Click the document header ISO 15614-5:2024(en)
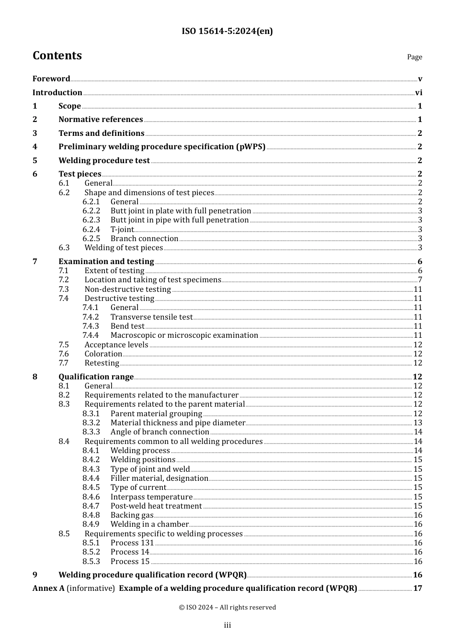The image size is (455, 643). (227, 32)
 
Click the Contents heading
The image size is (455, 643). (57, 56)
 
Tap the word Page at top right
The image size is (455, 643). (414, 57)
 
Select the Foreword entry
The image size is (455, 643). (51, 79)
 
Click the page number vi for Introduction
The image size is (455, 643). (419, 93)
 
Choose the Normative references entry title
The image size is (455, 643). (101, 120)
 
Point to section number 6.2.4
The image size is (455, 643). (91, 230)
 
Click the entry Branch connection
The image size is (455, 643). (144, 239)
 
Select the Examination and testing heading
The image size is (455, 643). (106, 262)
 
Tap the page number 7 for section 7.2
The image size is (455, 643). (420, 280)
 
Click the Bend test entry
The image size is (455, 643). (127, 326)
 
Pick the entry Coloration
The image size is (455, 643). (103, 354)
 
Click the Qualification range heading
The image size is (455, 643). (96, 377)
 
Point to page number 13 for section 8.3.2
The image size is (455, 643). (418, 423)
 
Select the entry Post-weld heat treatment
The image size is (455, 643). (156, 506)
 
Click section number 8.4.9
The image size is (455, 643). (91, 524)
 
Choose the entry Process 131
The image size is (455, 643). (132, 543)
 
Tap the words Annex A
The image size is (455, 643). (48, 588)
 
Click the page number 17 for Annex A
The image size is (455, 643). (418, 588)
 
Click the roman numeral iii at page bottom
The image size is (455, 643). (227, 625)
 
